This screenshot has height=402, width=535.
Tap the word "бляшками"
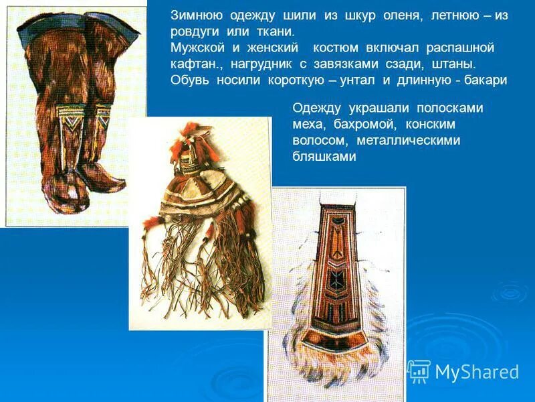pyautogui.click(x=324, y=156)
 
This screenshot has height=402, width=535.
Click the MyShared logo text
pyautogui.click(x=477, y=372)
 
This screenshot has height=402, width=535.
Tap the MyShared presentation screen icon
pyautogui.click(x=419, y=371)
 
